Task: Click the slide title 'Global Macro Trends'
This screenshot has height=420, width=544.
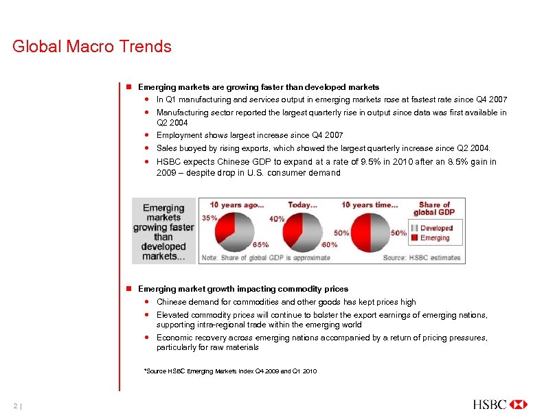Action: (x=92, y=47)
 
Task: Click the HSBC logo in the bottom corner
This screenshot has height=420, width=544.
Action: (x=500, y=404)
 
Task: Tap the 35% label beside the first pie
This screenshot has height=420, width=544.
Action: (x=209, y=218)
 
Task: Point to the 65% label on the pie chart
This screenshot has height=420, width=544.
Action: (x=261, y=244)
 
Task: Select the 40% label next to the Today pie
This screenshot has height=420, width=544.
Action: (x=277, y=219)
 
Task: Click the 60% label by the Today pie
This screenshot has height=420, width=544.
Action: (x=330, y=244)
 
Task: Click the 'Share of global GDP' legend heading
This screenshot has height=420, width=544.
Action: (x=434, y=209)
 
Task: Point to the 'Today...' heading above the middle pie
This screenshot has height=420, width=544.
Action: (x=302, y=205)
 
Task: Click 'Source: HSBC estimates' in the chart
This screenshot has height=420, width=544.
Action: (x=422, y=257)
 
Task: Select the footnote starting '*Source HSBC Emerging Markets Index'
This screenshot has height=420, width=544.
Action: (x=229, y=371)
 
